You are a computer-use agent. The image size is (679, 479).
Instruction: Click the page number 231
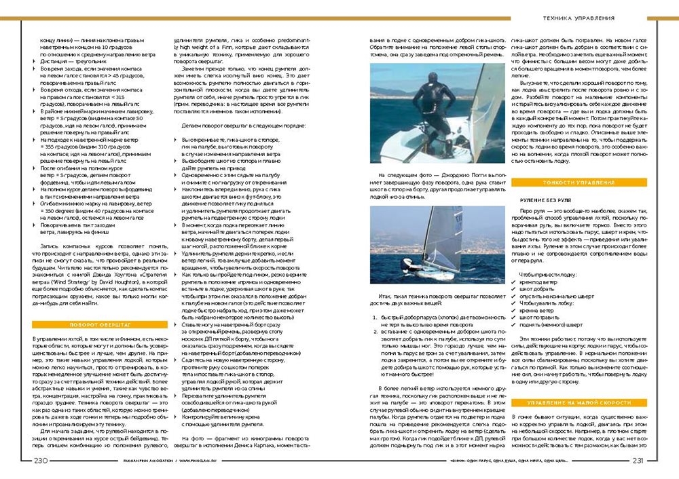637,461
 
